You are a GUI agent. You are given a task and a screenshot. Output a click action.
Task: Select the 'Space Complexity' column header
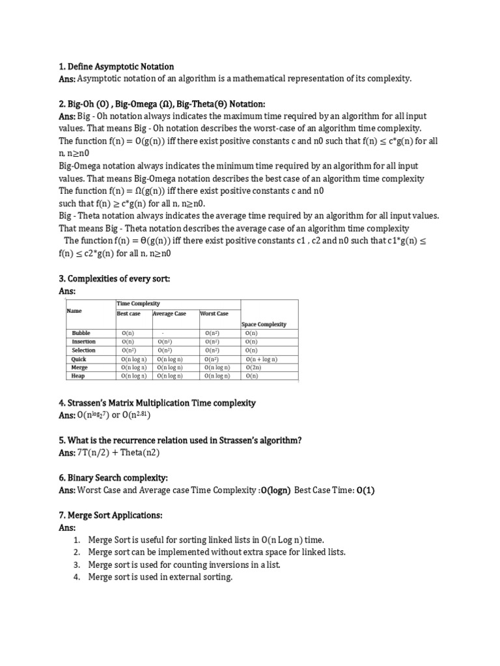[x=264, y=324]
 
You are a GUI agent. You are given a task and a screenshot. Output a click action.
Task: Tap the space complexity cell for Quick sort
[x=262, y=359]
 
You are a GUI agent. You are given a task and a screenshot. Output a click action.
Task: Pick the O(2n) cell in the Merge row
[x=253, y=367]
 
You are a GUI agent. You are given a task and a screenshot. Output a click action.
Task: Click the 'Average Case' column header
[x=170, y=313]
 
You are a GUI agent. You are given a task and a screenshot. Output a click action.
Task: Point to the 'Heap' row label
[x=78, y=376]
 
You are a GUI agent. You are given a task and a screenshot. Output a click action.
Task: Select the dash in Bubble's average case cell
[x=162, y=333]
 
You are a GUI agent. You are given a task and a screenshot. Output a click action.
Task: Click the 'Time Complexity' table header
[x=137, y=304]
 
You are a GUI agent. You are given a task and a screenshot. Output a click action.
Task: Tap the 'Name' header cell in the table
[x=74, y=311]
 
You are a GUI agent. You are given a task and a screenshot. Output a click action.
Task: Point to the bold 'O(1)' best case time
[x=366, y=490]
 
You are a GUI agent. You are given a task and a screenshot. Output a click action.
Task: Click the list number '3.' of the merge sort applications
[x=76, y=565]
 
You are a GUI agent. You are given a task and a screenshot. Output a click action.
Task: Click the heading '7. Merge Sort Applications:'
[x=110, y=515]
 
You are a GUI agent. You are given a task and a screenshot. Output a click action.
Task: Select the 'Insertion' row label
[x=83, y=341]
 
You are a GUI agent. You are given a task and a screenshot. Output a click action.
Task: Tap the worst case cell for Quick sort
[x=212, y=359]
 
